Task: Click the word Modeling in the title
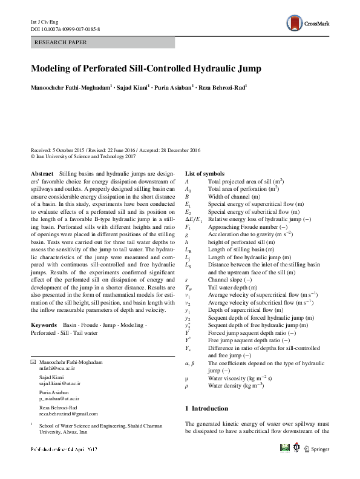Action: [x=52, y=68]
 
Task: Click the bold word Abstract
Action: [x=41, y=173]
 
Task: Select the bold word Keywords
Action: [x=44, y=325]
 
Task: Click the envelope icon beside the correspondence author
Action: [x=33, y=362]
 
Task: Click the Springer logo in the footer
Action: [x=316, y=449]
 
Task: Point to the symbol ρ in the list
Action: [x=187, y=385]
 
